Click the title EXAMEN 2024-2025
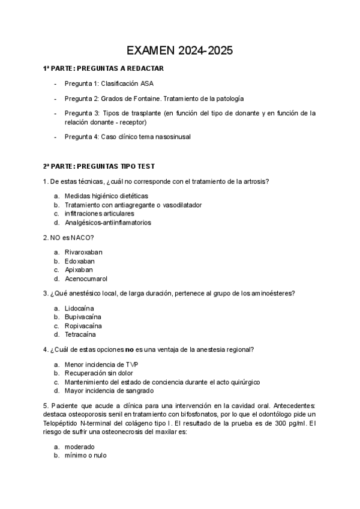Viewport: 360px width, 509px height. pos(181,51)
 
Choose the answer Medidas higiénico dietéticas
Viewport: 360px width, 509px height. pos(106,196)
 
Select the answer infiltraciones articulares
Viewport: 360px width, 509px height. pos(99,213)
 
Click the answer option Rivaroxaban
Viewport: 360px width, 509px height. pos(84,252)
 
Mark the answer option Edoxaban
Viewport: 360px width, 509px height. pos(80,261)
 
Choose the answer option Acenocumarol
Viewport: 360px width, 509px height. pos(86,279)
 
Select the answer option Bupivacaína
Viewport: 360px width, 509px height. pos(83,317)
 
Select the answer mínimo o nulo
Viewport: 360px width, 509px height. pos(86,456)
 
